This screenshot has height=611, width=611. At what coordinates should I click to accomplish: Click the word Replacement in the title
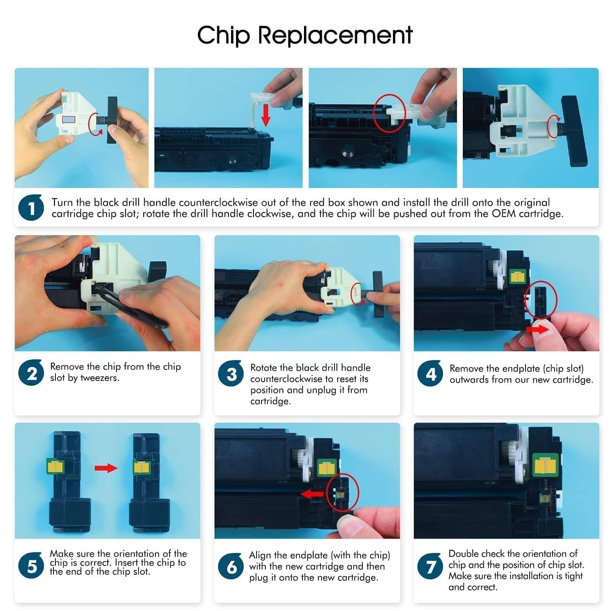pyautogui.click(x=336, y=36)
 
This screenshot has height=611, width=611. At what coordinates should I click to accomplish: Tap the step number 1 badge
pyautogui.click(x=31, y=207)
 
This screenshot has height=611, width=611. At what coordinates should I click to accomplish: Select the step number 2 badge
pyautogui.click(x=31, y=373)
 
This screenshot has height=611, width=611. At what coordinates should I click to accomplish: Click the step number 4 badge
pyautogui.click(x=430, y=373)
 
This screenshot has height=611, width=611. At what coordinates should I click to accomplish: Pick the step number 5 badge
pyautogui.click(x=31, y=566)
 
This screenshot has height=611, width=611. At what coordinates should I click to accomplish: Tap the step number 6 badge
pyautogui.click(x=231, y=566)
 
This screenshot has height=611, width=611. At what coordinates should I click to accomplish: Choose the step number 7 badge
pyautogui.click(x=430, y=566)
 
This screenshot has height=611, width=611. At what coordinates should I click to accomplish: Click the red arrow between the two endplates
pyautogui.click(x=106, y=468)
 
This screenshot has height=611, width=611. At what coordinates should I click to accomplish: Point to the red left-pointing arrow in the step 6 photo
pyautogui.click(x=312, y=495)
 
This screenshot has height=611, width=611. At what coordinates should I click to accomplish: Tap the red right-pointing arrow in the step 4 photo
pyautogui.click(x=538, y=328)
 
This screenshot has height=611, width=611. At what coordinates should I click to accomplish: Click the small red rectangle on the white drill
pyautogui.click(x=69, y=119)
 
